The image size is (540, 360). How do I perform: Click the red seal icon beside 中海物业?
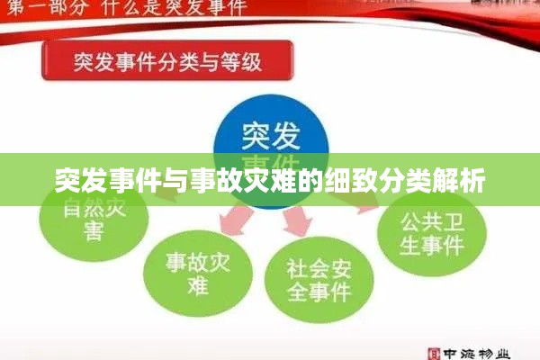(x=433, y=352)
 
